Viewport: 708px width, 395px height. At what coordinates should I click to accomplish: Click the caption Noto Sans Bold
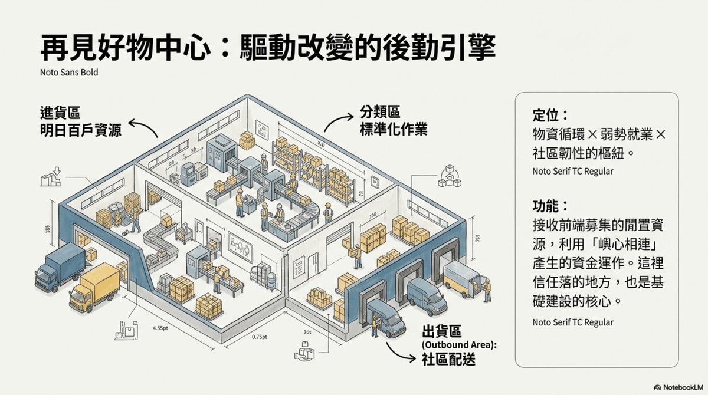click(61, 73)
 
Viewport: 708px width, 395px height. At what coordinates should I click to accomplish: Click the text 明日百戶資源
click(81, 130)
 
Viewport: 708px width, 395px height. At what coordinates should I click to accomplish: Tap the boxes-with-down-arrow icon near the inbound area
click(51, 176)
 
